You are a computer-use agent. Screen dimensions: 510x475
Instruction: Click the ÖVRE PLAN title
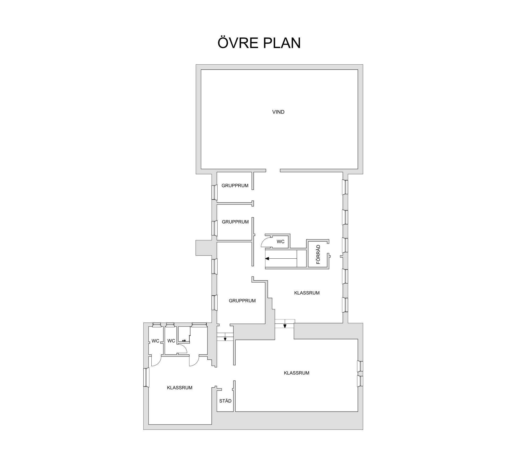tap(259, 43)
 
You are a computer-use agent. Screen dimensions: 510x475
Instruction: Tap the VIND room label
tap(278, 112)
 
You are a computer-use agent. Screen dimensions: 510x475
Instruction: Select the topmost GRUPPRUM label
tap(235, 186)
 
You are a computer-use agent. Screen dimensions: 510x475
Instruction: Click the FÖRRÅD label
tap(318, 255)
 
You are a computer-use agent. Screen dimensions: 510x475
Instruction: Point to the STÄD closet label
tap(225, 401)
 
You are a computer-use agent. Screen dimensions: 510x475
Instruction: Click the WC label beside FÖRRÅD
tap(280, 241)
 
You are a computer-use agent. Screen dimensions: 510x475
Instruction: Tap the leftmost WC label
tap(155, 341)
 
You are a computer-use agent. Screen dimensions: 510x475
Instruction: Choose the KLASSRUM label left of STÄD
tap(180, 388)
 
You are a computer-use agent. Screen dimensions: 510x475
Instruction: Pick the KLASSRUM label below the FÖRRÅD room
tap(307, 293)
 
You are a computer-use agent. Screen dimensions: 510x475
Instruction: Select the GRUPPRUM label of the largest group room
tap(242, 301)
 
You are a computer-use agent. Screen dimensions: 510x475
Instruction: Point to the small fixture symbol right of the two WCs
tap(184, 340)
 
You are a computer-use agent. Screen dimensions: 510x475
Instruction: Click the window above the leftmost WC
tap(157, 324)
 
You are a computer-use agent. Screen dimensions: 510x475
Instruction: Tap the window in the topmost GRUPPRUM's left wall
tap(214, 192)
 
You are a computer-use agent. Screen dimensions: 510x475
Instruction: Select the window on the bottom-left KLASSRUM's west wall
tap(146, 377)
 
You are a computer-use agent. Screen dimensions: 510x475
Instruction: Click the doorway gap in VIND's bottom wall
tap(273, 170)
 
